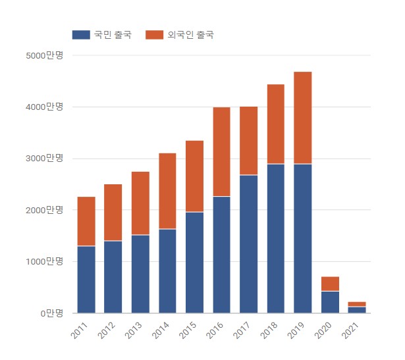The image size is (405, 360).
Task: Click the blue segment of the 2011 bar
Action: pyautogui.click(x=86, y=280)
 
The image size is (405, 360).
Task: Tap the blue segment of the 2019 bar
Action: pyautogui.click(x=303, y=238)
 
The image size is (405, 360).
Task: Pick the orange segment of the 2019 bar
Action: pyautogui.click(x=303, y=118)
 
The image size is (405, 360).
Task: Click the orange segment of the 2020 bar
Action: pyautogui.click(x=330, y=284)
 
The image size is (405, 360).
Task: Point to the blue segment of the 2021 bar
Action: pyautogui.click(x=357, y=310)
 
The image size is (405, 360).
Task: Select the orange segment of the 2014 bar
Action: pyautogui.click(x=167, y=191)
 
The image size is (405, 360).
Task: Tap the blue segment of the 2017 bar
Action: pyautogui.click(x=248, y=244)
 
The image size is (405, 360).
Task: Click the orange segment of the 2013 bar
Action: pyautogui.click(x=140, y=203)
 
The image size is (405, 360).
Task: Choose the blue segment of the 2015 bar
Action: pyautogui.click(x=194, y=263)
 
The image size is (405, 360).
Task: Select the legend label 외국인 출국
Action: pyautogui.click(x=190, y=34)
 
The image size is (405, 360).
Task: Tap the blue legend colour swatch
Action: pyautogui.click(x=81, y=34)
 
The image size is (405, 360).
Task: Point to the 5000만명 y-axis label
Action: pyautogui.click(x=45, y=55)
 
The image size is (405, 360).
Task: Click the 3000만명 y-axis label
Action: pyautogui.click(x=45, y=159)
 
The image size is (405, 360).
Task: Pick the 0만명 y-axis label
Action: pyautogui.click(x=51, y=313)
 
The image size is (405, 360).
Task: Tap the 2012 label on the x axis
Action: pyautogui.click(x=106, y=330)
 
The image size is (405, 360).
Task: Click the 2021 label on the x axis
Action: pyautogui.click(x=349, y=330)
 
